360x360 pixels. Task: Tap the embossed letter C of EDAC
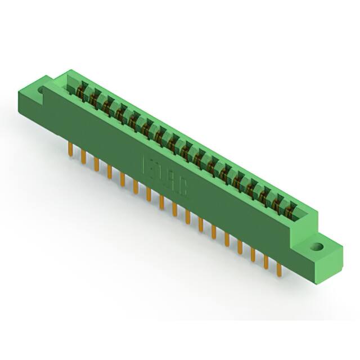point(183,187)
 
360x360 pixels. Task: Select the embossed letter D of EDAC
point(160,172)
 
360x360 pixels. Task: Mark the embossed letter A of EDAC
point(172,179)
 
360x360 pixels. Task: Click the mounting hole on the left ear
point(42,90)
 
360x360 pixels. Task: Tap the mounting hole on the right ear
point(318,246)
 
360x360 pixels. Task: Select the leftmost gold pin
point(69,150)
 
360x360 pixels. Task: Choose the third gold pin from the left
point(96,164)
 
